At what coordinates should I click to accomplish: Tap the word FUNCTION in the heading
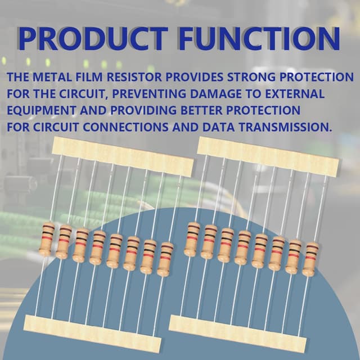pos(259,39)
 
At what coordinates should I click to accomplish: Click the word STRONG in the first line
pos(251,77)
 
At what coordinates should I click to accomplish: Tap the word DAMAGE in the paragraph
pos(216,94)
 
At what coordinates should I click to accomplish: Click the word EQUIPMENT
pos(41,110)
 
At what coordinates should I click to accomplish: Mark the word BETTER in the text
pos(201,110)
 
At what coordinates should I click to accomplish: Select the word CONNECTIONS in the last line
pos(125,127)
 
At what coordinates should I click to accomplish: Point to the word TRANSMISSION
pos(283,127)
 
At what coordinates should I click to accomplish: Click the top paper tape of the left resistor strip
pos(123,156)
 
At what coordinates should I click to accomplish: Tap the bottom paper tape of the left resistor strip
pos(92,334)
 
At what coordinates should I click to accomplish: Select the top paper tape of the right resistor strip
pos(268,156)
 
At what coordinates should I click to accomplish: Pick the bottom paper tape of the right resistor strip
pos(237,334)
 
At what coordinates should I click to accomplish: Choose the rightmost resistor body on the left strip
pos(165,259)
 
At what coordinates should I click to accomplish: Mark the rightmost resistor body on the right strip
pos(310,259)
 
